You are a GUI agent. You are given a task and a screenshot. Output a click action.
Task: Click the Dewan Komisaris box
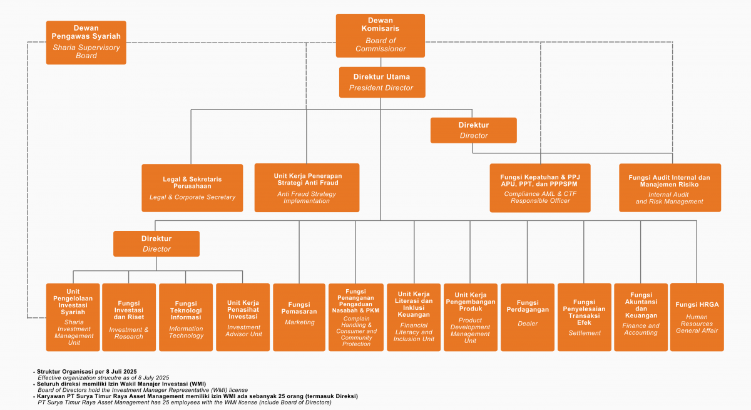point(380,36)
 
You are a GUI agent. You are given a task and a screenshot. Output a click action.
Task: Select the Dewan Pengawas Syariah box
point(86,43)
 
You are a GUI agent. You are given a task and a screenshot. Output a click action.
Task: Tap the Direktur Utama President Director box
point(382,82)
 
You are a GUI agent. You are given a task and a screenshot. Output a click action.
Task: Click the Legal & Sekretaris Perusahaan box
point(192,188)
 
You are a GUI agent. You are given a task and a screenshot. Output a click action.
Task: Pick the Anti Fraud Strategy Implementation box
point(307,188)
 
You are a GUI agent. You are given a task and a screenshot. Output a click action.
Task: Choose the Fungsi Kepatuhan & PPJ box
point(539,188)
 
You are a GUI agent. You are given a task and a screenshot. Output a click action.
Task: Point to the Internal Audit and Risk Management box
point(670,188)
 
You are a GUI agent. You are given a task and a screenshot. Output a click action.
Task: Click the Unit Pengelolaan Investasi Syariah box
point(74,317)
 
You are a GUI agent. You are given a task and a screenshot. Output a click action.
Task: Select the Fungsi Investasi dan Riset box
point(129,317)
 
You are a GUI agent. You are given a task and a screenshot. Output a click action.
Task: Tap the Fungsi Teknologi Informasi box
point(186,317)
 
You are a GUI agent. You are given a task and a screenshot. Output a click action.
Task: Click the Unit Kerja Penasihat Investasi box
point(243,317)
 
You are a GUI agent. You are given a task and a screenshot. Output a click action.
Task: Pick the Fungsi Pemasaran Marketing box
point(299,317)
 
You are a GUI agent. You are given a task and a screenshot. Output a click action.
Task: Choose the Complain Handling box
point(356,317)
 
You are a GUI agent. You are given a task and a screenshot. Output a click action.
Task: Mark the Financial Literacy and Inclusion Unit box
point(414,317)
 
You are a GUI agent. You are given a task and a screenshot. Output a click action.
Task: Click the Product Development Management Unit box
point(470,317)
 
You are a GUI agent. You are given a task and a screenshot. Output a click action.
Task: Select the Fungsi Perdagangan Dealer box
point(528,317)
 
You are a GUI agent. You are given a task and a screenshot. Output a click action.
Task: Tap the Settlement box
point(585,317)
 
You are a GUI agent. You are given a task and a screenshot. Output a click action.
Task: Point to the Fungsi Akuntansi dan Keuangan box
point(640,317)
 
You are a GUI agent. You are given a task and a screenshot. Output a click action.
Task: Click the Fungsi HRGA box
point(697,317)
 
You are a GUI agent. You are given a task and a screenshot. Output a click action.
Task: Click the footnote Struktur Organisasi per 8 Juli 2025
point(87,372)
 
